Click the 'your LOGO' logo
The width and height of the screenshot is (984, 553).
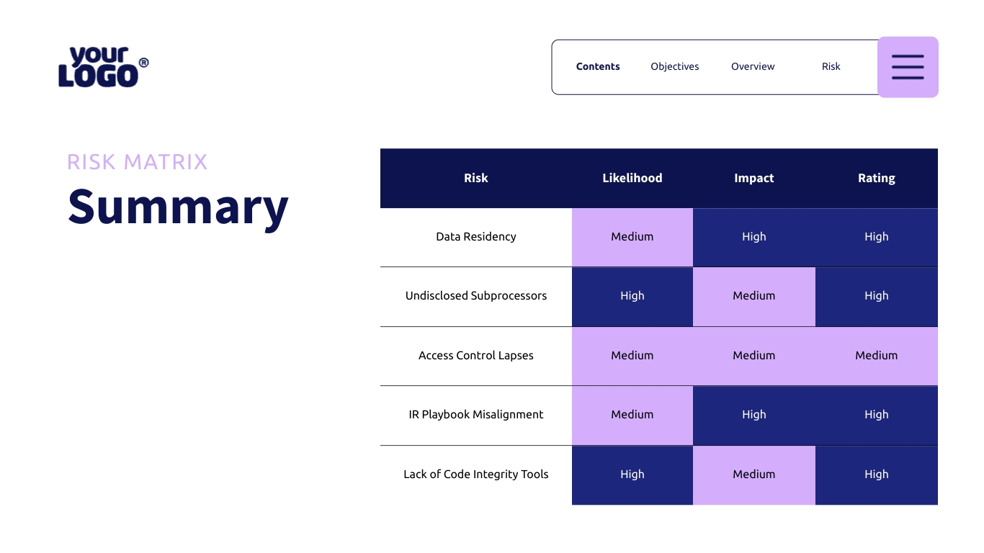103,67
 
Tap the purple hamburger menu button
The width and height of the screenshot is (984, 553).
908,67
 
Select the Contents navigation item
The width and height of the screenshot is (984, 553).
598,66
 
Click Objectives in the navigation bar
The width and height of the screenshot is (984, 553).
674,66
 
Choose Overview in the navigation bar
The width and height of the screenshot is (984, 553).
753,66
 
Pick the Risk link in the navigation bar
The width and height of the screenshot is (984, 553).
831,66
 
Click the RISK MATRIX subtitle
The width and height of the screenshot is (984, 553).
137,162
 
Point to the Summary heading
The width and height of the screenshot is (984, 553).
178,206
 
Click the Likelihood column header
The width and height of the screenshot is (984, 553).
632,178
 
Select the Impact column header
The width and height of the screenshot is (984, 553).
753,178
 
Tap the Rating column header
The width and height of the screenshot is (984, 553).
876,178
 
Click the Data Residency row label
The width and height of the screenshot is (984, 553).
475,237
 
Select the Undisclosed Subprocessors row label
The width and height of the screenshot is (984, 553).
475,296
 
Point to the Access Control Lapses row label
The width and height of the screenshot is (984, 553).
475,356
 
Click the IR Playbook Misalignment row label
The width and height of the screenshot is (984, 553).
475,415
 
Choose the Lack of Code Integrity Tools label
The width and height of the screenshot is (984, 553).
475,475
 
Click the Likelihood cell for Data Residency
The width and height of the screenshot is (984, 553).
632,237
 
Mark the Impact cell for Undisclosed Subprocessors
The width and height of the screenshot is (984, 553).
753,296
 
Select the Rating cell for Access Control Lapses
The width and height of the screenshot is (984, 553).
876,356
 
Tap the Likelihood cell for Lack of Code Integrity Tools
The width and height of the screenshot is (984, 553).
632,475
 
